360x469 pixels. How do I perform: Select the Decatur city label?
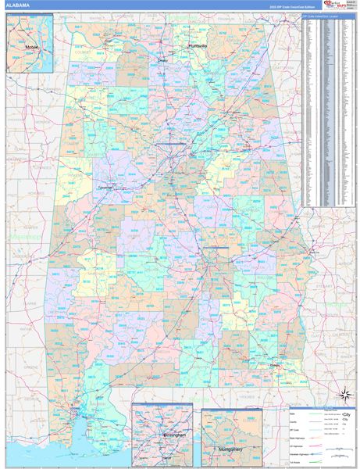(162, 59)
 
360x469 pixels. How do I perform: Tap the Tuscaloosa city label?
(105, 188)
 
